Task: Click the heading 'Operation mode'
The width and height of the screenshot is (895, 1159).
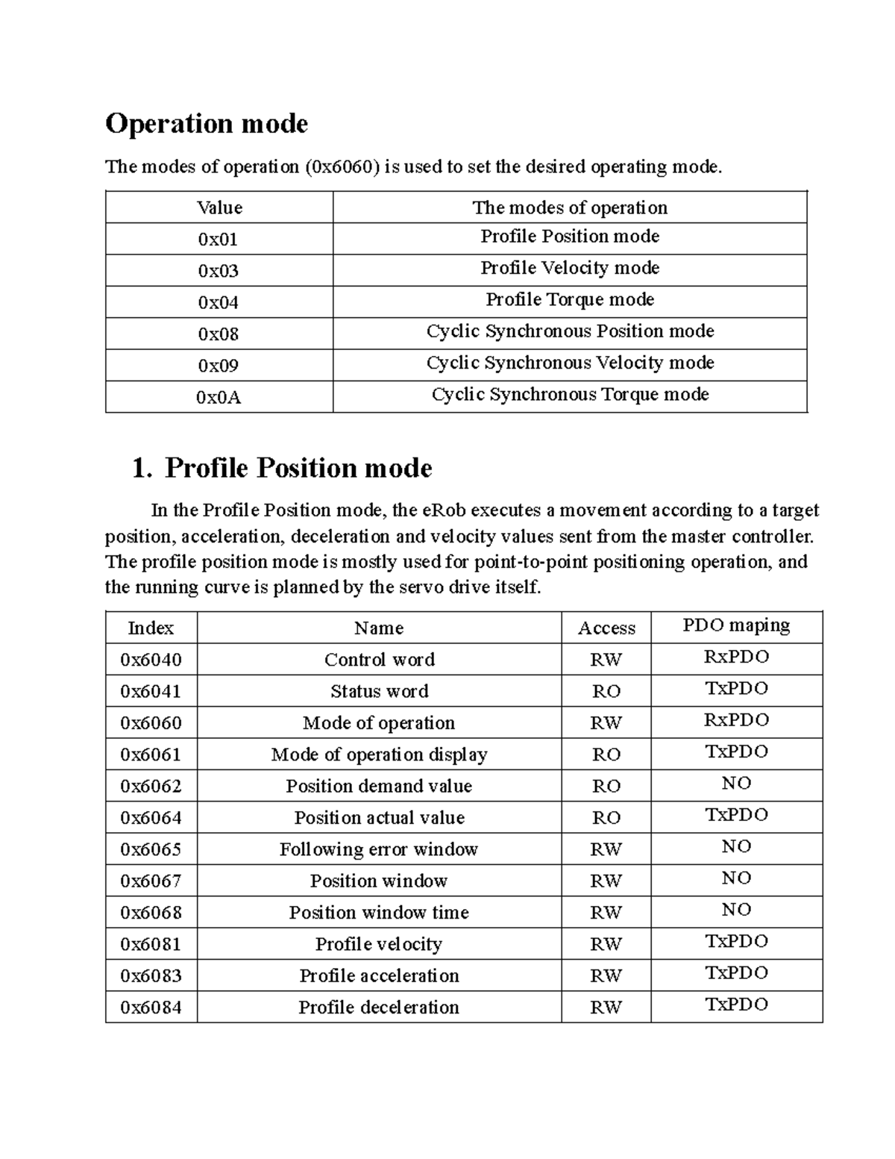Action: tap(207, 124)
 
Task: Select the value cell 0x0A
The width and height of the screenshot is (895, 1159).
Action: tap(219, 397)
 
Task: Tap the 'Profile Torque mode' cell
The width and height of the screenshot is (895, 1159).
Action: tap(570, 300)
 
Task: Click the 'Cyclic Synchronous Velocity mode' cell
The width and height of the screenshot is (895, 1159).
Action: tap(570, 363)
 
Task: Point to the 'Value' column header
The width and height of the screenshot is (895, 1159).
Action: tap(219, 207)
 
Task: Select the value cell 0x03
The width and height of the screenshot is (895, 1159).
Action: tap(219, 271)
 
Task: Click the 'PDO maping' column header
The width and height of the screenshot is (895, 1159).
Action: tap(736, 625)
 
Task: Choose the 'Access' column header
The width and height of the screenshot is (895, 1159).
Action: tap(606, 628)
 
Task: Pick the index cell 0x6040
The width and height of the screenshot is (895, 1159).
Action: tap(151, 660)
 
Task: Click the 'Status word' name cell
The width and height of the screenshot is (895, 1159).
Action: tap(379, 692)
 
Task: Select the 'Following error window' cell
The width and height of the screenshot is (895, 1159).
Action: tap(379, 850)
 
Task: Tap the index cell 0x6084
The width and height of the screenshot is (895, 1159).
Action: tap(151, 1008)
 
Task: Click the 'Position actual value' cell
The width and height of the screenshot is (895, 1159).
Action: tap(379, 818)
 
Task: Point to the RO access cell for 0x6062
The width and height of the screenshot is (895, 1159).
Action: tap(606, 787)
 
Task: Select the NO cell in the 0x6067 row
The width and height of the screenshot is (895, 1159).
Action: tap(736, 878)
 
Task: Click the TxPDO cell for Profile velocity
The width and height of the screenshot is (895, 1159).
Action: tap(736, 942)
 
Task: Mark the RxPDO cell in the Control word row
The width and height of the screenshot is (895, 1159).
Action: tap(736, 657)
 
